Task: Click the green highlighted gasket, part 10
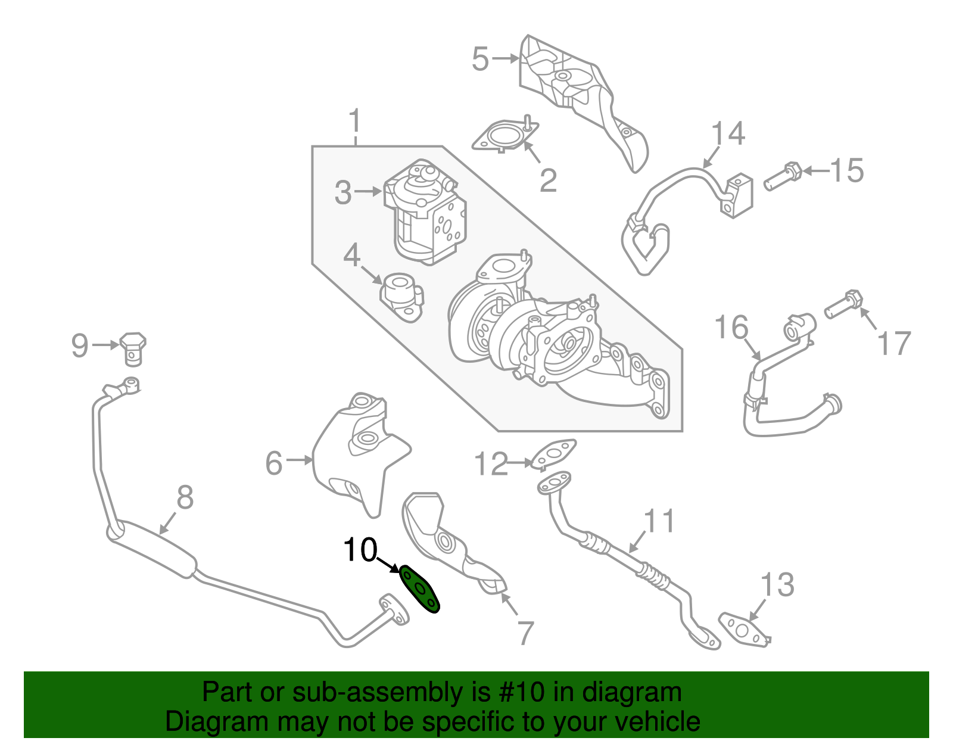click(x=420, y=589)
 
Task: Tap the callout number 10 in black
click(x=360, y=550)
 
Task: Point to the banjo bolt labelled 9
click(x=133, y=348)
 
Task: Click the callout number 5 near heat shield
click(x=480, y=59)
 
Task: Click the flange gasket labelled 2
click(x=505, y=136)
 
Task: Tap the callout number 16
click(x=731, y=328)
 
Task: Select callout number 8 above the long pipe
click(x=185, y=497)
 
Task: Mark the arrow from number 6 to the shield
click(x=299, y=459)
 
